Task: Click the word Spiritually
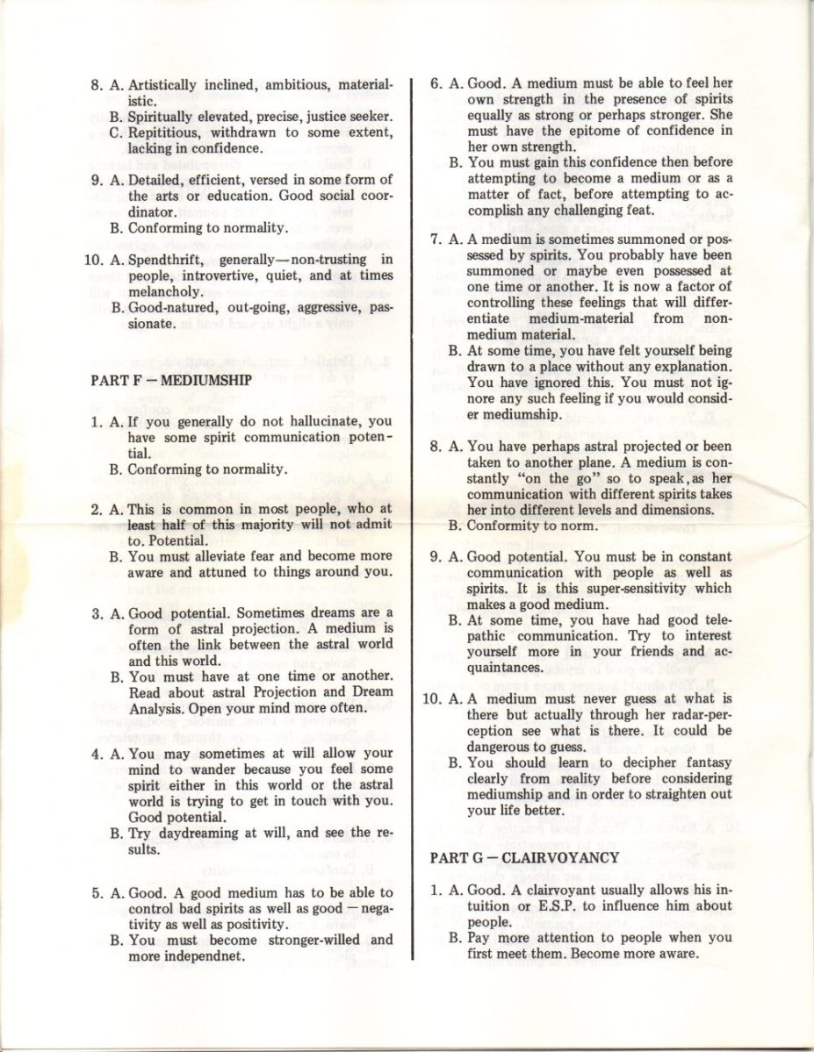point(165,117)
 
